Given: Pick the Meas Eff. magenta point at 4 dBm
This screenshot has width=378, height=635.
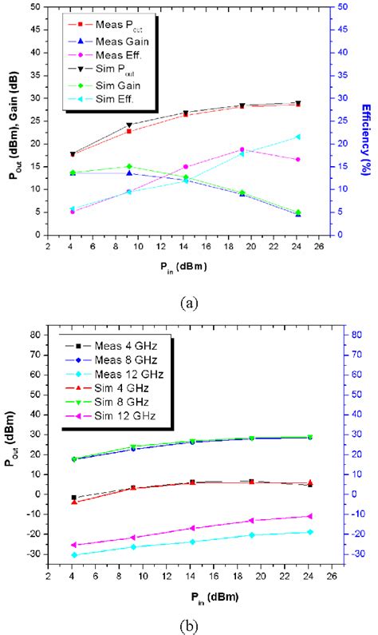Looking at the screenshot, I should click(x=73, y=212).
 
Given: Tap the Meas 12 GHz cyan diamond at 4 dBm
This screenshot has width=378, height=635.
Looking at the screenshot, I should click(x=73, y=554).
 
